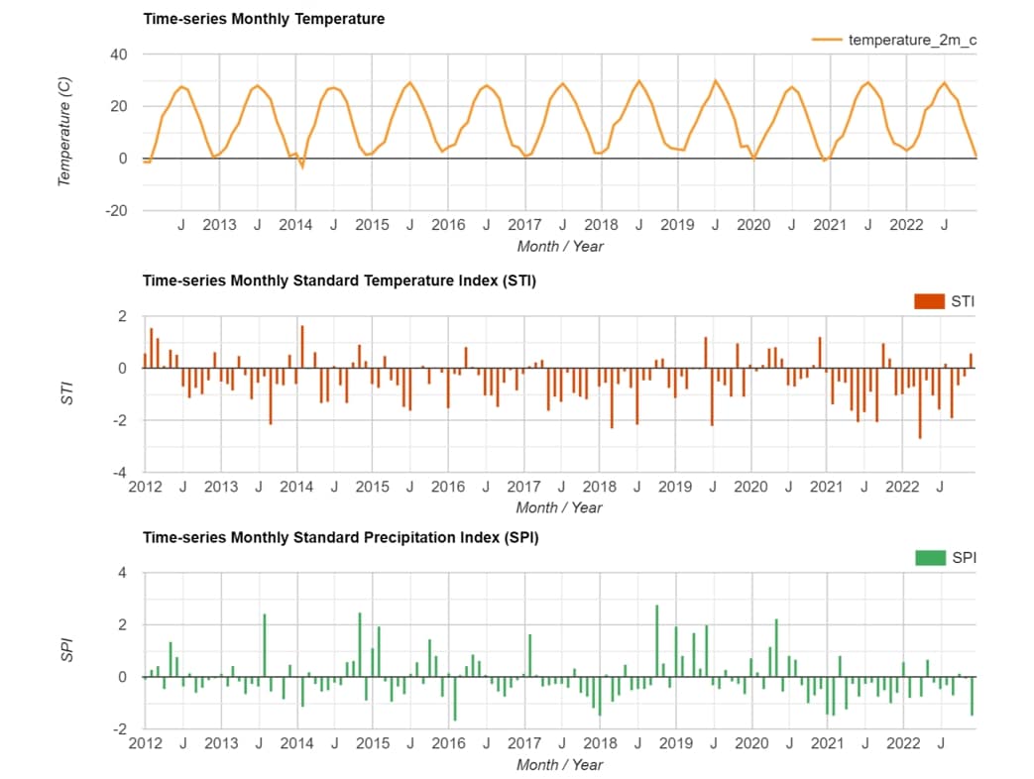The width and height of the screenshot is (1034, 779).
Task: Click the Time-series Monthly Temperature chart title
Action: click(264, 19)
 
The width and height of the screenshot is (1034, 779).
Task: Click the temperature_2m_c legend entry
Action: click(912, 40)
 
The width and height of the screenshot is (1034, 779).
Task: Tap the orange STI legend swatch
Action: click(929, 301)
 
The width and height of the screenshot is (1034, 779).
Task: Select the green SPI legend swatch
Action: click(929, 558)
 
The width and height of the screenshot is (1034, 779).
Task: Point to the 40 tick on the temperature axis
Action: click(119, 55)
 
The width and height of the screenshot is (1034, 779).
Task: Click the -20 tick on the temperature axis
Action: click(116, 210)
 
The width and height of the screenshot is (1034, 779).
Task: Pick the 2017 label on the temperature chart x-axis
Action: click(524, 225)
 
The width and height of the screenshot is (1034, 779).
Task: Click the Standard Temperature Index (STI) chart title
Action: click(339, 280)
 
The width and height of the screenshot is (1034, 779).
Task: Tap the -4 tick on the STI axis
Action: click(121, 473)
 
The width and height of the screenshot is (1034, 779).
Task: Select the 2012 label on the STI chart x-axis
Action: click(146, 487)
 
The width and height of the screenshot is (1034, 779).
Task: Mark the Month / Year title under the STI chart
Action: click(559, 507)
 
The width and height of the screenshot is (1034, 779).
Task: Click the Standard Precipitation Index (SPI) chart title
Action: click(340, 537)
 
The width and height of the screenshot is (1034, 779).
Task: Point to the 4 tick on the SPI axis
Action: click(123, 573)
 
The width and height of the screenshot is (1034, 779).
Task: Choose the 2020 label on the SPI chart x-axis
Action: click(751, 743)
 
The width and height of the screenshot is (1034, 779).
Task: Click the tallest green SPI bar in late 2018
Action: click(656, 640)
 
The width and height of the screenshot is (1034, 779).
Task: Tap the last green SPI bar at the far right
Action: click(972, 696)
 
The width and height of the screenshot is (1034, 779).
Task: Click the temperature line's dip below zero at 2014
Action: click(302, 167)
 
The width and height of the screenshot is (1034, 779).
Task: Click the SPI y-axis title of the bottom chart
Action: click(66, 650)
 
